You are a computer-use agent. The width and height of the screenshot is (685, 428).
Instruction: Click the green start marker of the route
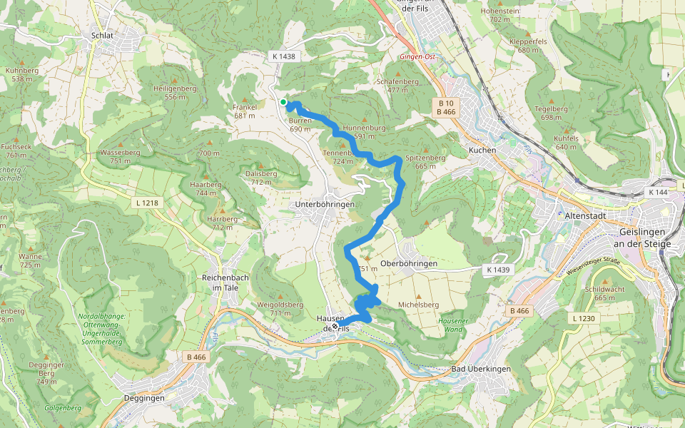coord(283,103)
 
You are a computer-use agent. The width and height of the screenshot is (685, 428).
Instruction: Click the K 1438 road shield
coord(283,56)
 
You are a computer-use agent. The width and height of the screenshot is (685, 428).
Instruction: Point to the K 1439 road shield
coord(498,270)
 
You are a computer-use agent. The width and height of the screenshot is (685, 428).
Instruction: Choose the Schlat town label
coord(103,34)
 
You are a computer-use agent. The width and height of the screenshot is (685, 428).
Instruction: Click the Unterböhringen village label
coord(325,205)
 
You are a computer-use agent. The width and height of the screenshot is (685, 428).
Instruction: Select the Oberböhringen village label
coord(409,264)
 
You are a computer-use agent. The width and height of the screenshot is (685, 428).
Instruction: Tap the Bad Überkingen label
coord(481,370)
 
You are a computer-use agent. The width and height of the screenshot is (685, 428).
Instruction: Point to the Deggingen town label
coord(144,398)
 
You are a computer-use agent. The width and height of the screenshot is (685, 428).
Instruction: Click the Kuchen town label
coord(482,150)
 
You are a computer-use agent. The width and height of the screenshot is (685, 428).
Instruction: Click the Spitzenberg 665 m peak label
coord(425,161)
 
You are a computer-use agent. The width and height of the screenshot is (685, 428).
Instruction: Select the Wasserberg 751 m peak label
coord(120,156)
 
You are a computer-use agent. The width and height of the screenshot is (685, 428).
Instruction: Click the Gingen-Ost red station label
coord(417,56)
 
